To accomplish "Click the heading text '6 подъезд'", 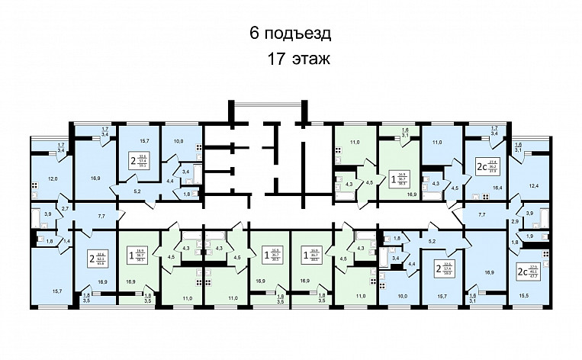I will coord(291,34).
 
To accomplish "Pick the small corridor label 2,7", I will coord(66,207).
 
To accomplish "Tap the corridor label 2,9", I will coord(515,220).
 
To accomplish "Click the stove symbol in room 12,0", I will coord(34,185).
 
